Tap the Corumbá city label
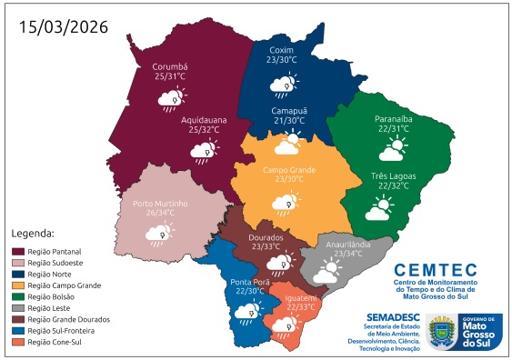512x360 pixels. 169,66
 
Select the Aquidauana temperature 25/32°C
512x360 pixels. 203,130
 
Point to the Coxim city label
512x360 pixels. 282,49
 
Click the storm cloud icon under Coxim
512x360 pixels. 282,86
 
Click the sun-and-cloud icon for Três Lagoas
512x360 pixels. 380,210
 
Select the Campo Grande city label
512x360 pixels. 289,170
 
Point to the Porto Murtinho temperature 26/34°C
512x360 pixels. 159,213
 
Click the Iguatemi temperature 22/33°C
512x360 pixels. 301,307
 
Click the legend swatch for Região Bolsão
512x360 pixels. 16,296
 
